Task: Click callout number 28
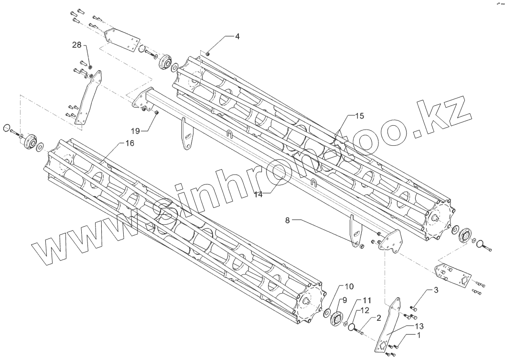click(77, 45)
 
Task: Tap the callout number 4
click(237, 36)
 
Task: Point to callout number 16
click(129, 143)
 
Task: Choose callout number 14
click(258, 194)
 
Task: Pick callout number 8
click(288, 220)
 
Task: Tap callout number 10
click(349, 286)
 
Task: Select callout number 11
click(366, 300)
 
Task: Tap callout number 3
click(435, 290)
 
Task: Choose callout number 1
click(419, 335)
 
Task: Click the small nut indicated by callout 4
click(208, 54)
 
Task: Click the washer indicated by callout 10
click(327, 313)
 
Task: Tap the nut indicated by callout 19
click(157, 112)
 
